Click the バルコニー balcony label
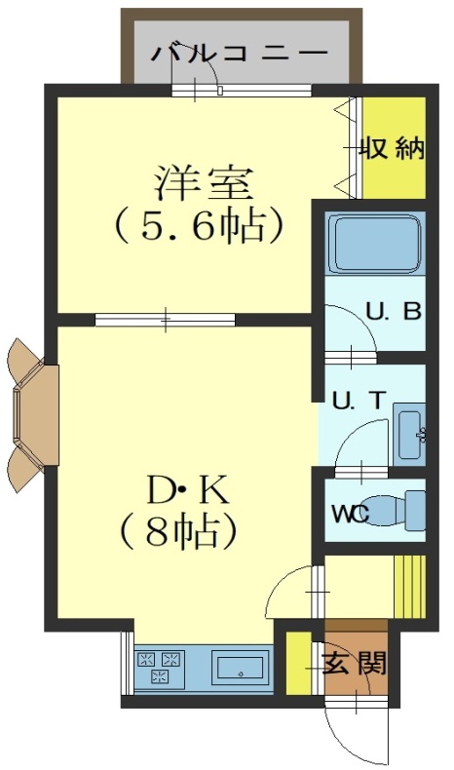click(x=239, y=53)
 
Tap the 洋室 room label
click(x=205, y=183)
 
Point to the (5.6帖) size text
click(x=199, y=227)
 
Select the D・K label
click(x=187, y=492)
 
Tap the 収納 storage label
click(x=394, y=148)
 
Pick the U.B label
click(x=395, y=312)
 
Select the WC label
click(x=351, y=515)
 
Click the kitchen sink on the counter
click(x=241, y=667)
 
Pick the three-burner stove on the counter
click(x=160, y=667)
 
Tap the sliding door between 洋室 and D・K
click(x=166, y=320)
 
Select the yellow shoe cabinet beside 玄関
click(x=298, y=664)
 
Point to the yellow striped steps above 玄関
click(x=410, y=587)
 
